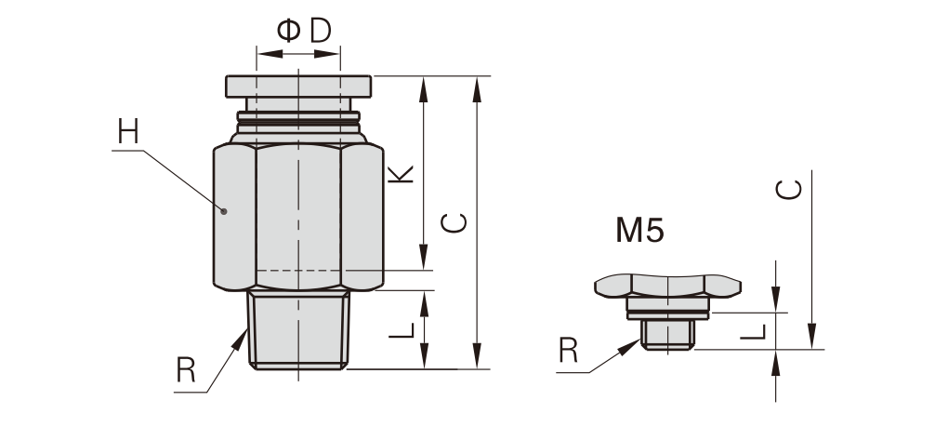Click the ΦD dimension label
305,31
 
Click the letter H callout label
127,132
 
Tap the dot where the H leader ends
224,211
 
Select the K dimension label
401,173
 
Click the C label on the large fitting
454,223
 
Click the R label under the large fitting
186,371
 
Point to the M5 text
639,230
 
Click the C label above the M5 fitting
788,191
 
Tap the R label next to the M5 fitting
569,351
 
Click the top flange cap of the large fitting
298,86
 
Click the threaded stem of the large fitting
298,330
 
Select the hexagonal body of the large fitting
298,214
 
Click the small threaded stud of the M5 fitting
667,335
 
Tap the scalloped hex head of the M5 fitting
667,285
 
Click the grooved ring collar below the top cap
298,120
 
